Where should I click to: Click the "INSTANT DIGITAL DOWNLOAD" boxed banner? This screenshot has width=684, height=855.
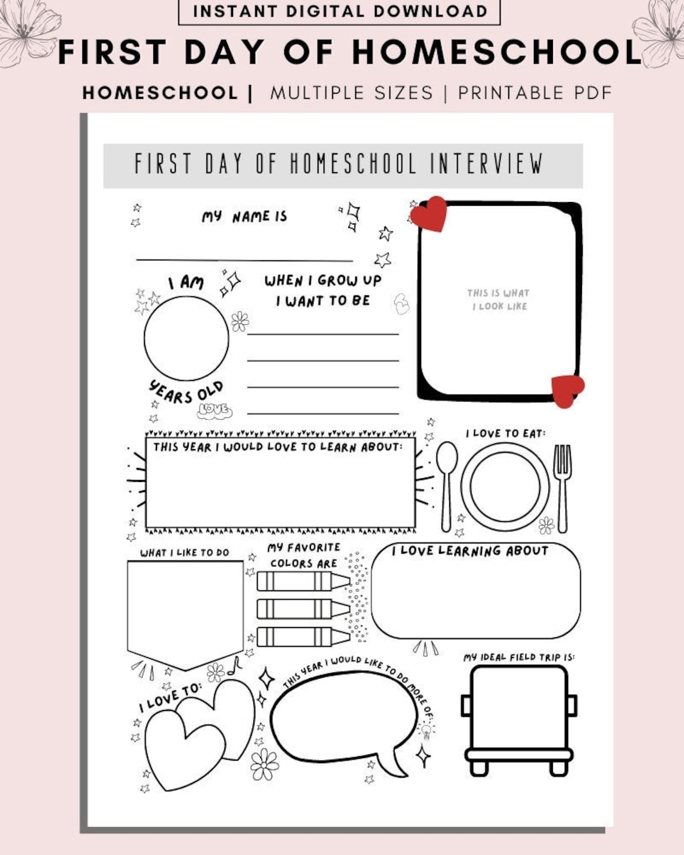339,11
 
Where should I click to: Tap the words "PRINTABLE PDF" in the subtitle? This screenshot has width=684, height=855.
535,93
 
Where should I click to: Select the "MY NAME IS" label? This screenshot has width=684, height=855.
244,217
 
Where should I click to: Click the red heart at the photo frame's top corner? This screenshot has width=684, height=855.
429,213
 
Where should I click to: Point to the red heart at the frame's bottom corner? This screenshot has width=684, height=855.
567,389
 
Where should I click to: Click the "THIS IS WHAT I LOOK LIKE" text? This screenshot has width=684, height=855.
498,300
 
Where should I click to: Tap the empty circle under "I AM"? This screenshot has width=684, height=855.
186,338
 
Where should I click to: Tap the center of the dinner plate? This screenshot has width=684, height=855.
505,486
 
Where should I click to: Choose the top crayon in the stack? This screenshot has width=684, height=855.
303,581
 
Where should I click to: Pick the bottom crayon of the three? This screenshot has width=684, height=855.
303,636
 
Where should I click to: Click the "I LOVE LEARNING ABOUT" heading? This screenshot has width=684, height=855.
470,551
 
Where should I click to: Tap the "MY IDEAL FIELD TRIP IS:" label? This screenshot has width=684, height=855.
519,657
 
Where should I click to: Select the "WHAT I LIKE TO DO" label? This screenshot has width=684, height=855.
184,553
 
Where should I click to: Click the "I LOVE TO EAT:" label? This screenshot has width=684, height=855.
505,434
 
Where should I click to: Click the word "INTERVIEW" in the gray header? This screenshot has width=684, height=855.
486,164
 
